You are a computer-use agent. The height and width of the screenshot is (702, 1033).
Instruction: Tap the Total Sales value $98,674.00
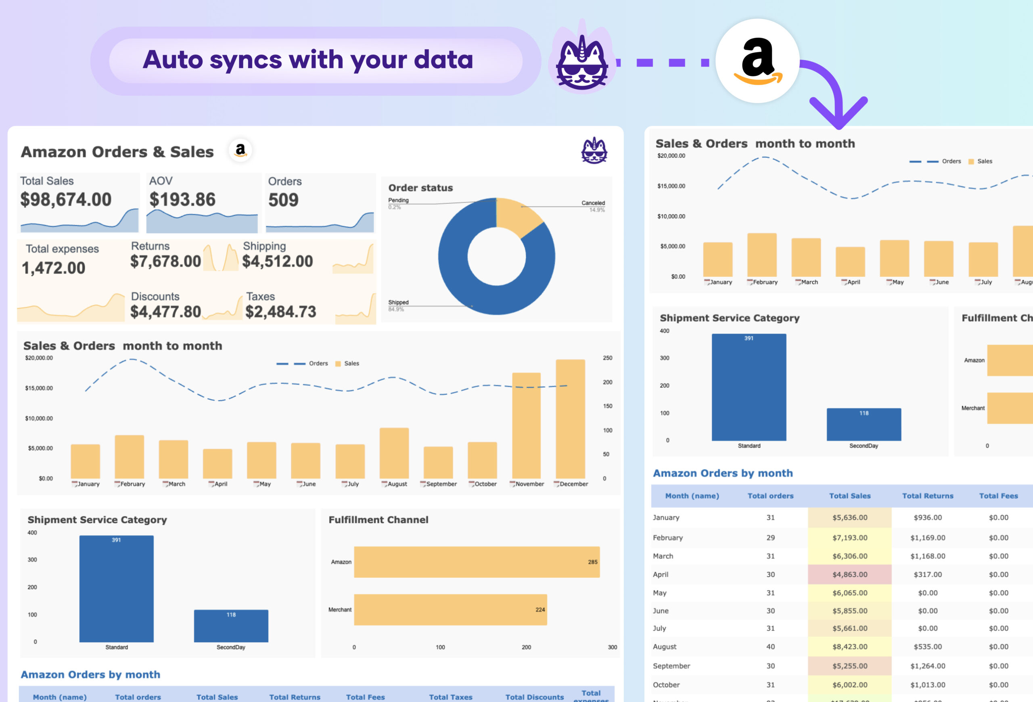[66, 199]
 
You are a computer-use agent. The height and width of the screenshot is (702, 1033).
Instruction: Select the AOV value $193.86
[182, 199]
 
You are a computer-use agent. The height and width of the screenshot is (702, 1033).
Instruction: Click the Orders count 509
[283, 200]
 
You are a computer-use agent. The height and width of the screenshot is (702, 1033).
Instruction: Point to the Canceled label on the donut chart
[592, 203]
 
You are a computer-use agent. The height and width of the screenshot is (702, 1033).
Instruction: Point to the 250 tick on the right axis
[607, 358]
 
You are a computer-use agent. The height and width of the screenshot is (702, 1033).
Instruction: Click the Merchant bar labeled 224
[450, 610]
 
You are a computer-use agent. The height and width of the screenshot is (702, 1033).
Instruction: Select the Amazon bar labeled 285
[477, 562]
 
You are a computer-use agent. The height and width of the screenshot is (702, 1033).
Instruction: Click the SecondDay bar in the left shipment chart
[231, 626]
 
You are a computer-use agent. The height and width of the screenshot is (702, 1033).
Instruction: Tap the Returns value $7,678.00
[165, 261]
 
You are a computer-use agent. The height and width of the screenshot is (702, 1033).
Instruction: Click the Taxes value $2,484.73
[280, 312]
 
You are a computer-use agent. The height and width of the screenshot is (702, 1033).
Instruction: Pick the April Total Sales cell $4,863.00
[849, 575]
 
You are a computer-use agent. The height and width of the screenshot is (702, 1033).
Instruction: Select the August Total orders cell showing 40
[770, 647]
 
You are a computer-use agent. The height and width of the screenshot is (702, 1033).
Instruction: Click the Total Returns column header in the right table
[927, 496]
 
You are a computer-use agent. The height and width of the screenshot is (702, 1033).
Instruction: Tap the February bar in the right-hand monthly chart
[762, 255]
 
